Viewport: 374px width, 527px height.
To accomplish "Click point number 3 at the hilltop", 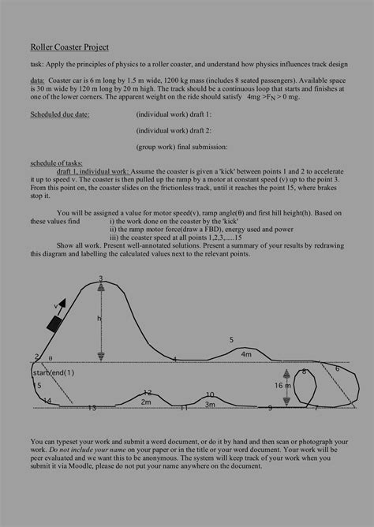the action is [x=101, y=278].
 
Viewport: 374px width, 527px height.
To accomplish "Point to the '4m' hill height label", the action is [x=246, y=354].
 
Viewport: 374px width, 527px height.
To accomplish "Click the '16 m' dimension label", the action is [x=282, y=386].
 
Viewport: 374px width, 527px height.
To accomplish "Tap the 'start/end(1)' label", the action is [x=53, y=372].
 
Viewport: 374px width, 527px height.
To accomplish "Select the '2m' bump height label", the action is [x=145, y=402].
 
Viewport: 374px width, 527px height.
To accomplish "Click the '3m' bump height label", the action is [x=210, y=404].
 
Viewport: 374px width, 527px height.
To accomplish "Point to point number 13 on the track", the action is [x=92, y=408].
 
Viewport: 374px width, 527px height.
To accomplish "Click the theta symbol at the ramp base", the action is [x=50, y=357].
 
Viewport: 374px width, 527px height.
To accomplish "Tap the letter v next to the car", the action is [x=56, y=305].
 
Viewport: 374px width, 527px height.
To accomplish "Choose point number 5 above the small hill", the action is [x=231, y=340].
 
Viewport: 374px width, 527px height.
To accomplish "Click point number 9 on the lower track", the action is [x=270, y=408].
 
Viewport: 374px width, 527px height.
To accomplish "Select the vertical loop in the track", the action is [x=305, y=385].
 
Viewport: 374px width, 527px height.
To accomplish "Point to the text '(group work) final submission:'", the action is [x=181, y=146].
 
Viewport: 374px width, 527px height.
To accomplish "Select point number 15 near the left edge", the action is [x=37, y=385].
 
